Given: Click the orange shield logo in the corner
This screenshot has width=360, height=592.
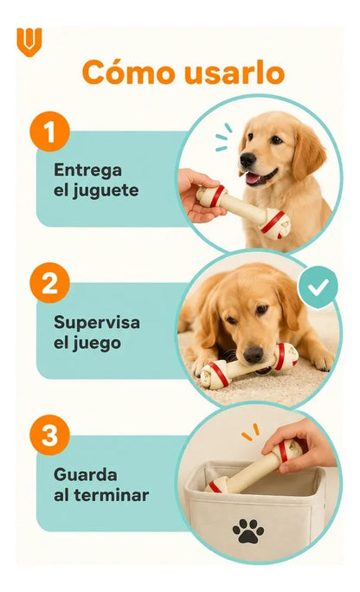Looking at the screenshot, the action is pyautogui.click(x=29, y=42).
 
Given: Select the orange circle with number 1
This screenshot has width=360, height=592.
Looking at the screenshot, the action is pyautogui.click(x=50, y=132).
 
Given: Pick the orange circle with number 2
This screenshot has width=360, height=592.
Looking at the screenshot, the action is pyautogui.click(x=50, y=283).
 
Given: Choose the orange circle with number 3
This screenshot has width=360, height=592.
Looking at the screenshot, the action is pyautogui.click(x=50, y=435).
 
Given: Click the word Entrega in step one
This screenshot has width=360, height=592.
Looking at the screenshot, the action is pyautogui.click(x=88, y=171).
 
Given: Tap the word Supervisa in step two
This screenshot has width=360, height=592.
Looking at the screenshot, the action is pyautogui.click(x=97, y=323).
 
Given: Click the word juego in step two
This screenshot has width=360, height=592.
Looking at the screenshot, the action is pyautogui.click(x=97, y=344).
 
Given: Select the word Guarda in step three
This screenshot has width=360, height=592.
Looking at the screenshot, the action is pyautogui.click(x=86, y=474).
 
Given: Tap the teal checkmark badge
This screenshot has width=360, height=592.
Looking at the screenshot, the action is pyautogui.click(x=318, y=287).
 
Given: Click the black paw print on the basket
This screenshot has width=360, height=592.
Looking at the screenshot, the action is pyautogui.click(x=248, y=531).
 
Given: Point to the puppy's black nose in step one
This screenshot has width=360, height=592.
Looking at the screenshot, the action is pyautogui.click(x=247, y=160).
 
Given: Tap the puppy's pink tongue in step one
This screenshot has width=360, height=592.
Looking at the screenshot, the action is pyautogui.click(x=253, y=177).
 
